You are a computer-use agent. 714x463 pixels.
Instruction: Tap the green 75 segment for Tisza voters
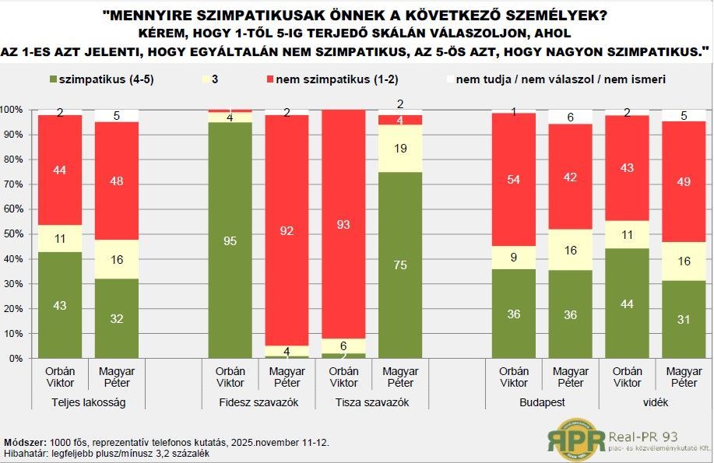click(399, 265)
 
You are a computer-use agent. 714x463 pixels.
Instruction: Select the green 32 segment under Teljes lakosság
click(116, 318)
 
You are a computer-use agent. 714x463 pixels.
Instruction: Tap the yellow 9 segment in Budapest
click(513, 258)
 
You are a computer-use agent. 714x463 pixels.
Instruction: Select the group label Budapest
click(543, 402)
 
